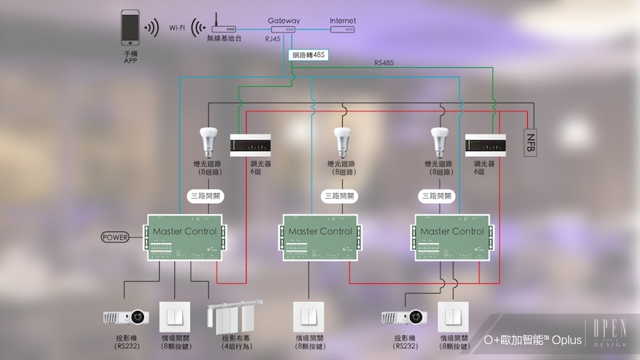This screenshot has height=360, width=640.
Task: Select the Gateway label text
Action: [x=283, y=21]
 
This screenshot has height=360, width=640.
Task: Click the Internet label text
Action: [x=343, y=21]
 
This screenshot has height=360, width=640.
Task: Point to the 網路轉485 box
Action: [x=309, y=55]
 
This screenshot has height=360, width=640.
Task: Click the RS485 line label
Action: [x=385, y=63]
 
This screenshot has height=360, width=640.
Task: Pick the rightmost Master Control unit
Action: [x=451, y=237]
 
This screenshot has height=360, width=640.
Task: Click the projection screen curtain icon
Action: [x=233, y=317]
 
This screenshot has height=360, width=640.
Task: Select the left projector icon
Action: [x=126, y=317]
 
